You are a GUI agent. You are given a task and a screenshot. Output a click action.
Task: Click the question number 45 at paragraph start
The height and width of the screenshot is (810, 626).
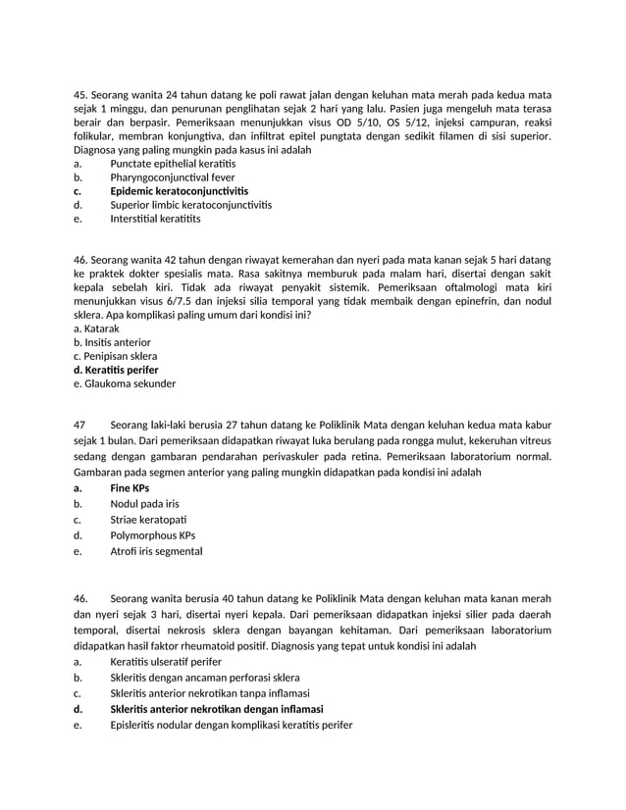[x=81, y=94]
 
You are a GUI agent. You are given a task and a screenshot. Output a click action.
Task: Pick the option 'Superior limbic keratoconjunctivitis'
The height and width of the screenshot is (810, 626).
[x=191, y=205]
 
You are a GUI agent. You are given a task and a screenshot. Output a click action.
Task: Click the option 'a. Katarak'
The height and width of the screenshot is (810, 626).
[x=96, y=329]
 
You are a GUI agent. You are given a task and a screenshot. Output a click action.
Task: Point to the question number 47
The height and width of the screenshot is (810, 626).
[x=79, y=425]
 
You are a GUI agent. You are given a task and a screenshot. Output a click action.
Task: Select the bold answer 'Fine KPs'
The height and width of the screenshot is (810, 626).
[x=130, y=487]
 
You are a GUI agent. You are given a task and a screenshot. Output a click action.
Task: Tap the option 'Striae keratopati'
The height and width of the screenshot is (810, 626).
[x=148, y=519]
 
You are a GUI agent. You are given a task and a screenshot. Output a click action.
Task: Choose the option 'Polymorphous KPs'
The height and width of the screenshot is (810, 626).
[x=153, y=535]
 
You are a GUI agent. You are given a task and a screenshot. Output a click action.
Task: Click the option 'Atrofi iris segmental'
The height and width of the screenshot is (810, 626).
[x=157, y=551]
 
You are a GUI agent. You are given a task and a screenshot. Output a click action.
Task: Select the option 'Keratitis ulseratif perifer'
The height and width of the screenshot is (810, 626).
[x=167, y=662]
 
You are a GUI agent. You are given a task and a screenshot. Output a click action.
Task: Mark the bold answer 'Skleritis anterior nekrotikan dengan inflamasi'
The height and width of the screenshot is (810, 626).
[x=217, y=709]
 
